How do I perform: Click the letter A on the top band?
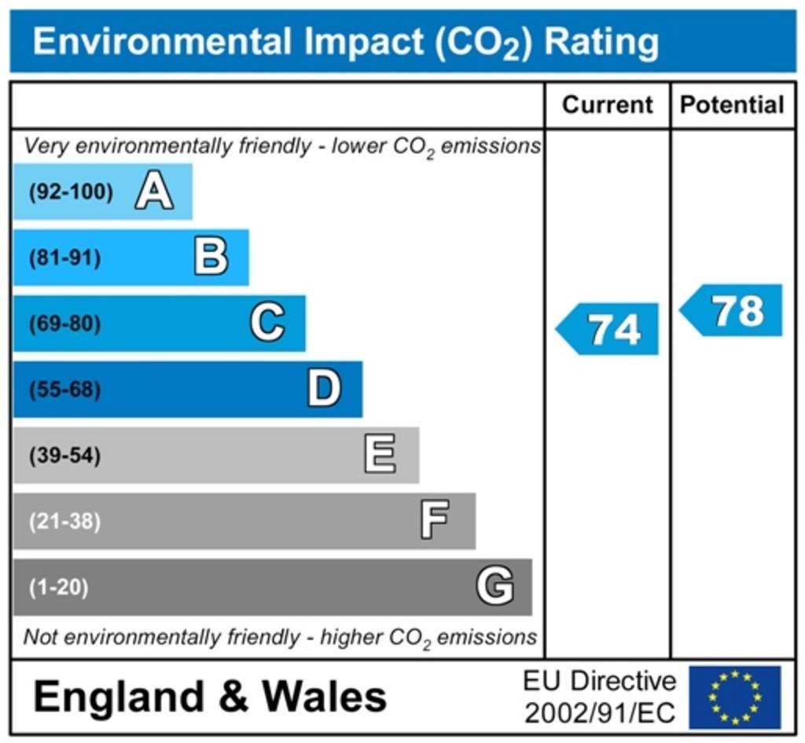point(154,192)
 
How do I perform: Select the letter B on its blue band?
point(211,258)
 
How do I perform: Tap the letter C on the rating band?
point(268,324)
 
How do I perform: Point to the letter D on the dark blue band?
point(324,390)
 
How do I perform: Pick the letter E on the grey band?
point(380,456)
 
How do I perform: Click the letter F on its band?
point(435,521)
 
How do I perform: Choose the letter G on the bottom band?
point(495,587)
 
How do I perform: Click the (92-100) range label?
point(71,192)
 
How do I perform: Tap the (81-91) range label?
point(65,258)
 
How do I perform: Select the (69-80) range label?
point(65,324)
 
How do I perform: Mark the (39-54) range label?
point(65,456)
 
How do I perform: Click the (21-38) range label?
point(65,522)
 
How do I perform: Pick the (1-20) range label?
point(59,587)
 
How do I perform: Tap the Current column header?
point(608,105)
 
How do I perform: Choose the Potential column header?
point(732,105)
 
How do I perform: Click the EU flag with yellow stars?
point(735,697)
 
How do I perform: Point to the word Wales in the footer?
point(324,697)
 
